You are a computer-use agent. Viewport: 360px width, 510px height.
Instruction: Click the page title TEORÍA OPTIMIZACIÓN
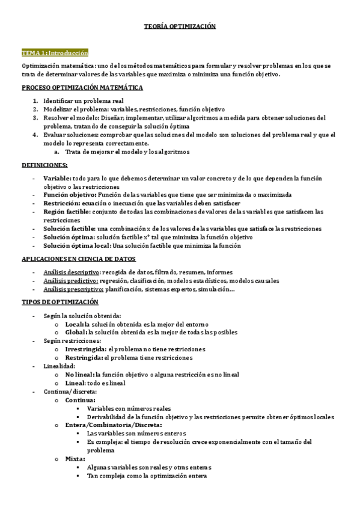click(x=180, y=26)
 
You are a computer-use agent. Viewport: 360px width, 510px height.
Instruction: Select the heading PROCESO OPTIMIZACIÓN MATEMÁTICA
click(x=82, y=87)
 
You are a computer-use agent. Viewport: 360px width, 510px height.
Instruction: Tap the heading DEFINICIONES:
click(x=44, y=164)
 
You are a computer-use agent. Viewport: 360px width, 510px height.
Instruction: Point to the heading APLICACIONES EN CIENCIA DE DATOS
click(x=79, y=258)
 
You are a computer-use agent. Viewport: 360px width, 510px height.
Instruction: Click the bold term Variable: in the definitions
click(x=56, y=179)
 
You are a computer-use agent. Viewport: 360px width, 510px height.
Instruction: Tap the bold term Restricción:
click(x=62, y=203)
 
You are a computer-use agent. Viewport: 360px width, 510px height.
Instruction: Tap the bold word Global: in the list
click(x=75, y=332)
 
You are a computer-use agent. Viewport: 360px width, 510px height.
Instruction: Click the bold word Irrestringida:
click(x=85, y=349)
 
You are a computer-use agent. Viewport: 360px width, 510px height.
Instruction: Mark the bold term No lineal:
click(x=79, y=374)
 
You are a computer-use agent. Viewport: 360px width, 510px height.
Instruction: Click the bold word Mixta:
click(x=75, y=459)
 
